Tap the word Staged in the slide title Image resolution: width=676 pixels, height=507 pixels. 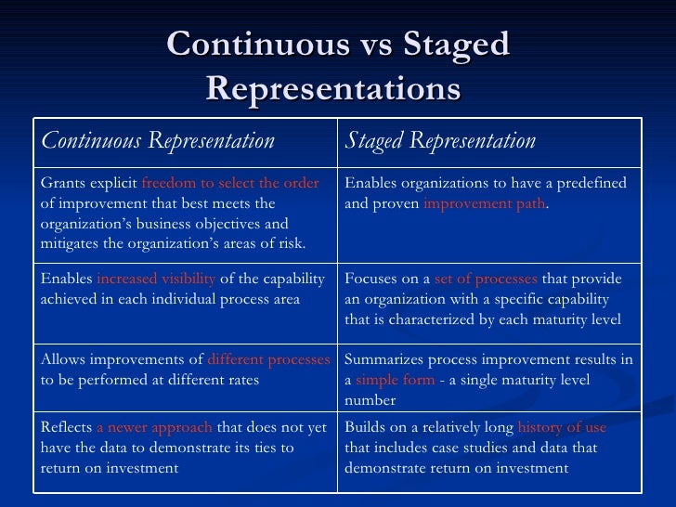point(454,45)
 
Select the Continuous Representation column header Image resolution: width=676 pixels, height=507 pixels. point(158,141)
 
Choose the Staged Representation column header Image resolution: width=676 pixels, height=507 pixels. point(440,141)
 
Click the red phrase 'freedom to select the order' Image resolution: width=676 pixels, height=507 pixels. point(229,183)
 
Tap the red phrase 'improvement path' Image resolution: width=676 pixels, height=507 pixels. point(485,203)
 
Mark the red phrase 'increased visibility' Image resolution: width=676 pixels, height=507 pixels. point(156,279)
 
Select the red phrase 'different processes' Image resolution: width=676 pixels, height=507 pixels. point(268,359)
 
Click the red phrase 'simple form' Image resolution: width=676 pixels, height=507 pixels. point(395,380)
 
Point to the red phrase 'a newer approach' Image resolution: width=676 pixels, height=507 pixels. point(155,427)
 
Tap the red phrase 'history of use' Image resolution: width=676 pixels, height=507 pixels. point(562,427)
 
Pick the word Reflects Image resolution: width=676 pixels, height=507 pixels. point(66,427)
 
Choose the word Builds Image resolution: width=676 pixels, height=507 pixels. point(364,427)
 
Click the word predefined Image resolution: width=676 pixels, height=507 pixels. point(591,183)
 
